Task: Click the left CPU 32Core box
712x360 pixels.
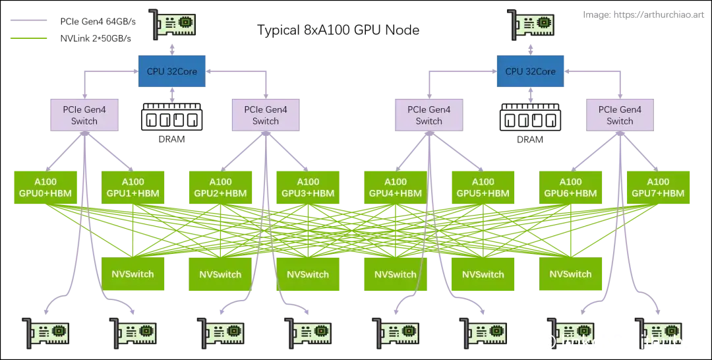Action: coord(171,71)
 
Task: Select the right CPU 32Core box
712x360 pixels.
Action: coord(530,71)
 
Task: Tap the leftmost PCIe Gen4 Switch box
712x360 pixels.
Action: coord(84,115)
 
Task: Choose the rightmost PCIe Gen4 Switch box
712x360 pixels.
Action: coord(620,115)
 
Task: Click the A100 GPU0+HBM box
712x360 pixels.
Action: coord(45,187)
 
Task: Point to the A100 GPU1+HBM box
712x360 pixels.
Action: coord(133,187)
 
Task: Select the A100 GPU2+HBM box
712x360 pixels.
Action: coord(220,187)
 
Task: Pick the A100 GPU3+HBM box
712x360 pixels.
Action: coord(308,187)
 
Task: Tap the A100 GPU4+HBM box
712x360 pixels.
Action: coord(396,187)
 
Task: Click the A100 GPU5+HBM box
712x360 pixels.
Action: coord(483,187)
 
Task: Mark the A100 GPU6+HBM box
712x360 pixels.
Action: coord(571,187)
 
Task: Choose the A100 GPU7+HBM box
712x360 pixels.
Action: coord(658,187)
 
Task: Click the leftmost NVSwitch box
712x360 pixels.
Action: coord(133,274)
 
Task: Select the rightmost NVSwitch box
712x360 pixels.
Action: coord(571,274)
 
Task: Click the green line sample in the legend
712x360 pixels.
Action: coord(26,39)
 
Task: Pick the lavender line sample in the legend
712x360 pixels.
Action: coord(26,20)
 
